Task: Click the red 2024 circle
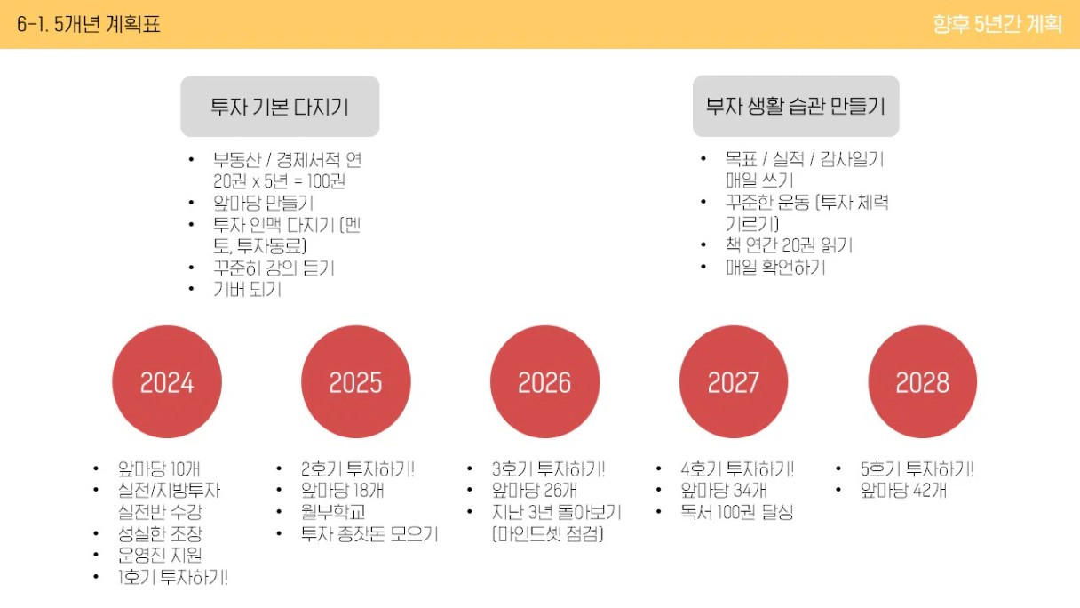[167, 381]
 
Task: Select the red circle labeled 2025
[356, 381]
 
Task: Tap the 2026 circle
[544, 381]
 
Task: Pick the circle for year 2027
[734, 381]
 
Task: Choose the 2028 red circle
[922, 381]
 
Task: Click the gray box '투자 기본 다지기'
[280, 106]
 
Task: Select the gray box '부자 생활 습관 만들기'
[796, 106]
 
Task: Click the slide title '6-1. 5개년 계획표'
[88, 24]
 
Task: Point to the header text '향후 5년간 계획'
[997, 24]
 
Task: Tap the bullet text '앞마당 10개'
[159, 468]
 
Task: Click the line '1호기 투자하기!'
[173, 577]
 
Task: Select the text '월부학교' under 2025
[333, 512]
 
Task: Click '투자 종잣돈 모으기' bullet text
[369, 533]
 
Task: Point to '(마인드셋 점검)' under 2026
[548, 533]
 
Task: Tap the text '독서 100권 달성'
[736, 512]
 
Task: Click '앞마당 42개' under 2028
[903, 491]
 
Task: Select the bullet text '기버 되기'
[247, 289]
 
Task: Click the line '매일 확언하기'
[775, 267]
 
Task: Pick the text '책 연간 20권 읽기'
[790, 245]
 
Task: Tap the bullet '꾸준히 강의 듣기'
[274, 268]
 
